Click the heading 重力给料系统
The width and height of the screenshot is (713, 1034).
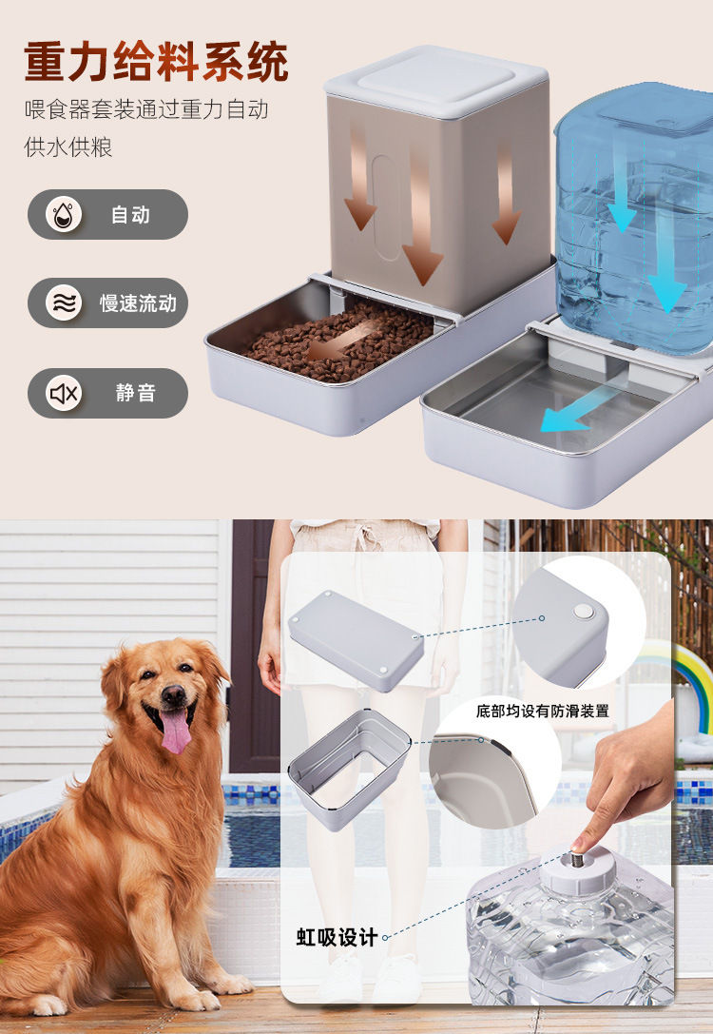tap(156, 63)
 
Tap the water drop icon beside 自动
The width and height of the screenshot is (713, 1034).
tap(64, 214)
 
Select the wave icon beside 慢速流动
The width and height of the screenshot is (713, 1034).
tap(64, 303)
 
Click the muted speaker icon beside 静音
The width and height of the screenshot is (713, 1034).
tap(64, 393)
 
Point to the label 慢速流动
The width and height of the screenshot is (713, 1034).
tap(138, 303)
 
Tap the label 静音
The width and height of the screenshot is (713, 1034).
tap(135, 393)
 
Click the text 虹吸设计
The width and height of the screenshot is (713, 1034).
tap(336, 937)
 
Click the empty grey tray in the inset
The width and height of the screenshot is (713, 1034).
tap(349, 767)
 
